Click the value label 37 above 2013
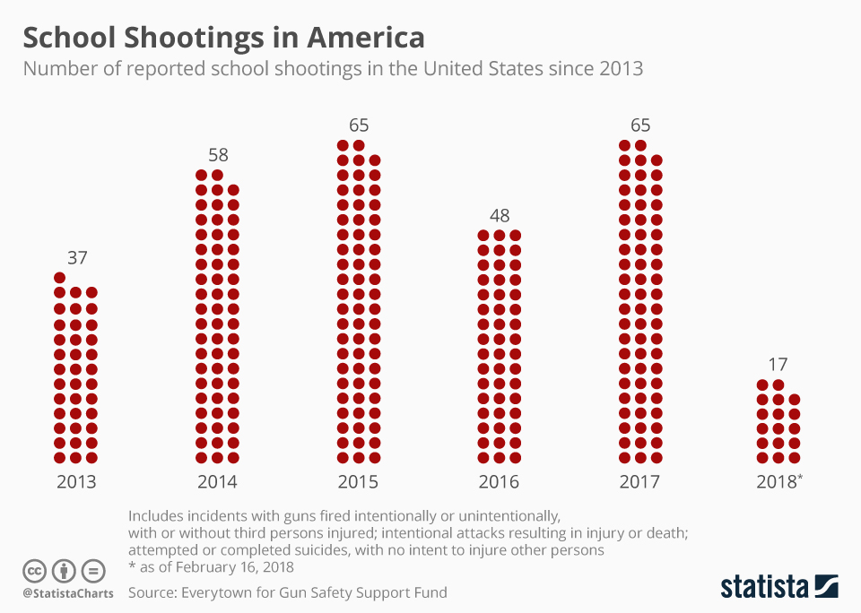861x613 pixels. [x=77, y=258]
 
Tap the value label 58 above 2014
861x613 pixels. [x=218, y=154]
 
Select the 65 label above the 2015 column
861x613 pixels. [x=359, y=125]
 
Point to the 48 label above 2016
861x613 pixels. [x=500, y=215]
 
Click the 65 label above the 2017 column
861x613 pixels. [x=640, y=125]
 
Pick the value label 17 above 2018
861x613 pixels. [x=778, y=365]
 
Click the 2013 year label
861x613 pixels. [x=76, y=482]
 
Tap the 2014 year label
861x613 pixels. [x=217, y=482]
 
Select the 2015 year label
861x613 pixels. [x=358, y=482]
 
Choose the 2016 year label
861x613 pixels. [x=499, y=482]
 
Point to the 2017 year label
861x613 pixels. [x=639, y=482]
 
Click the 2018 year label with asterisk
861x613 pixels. [x=779, y=482]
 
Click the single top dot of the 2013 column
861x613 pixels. [x=60, y=278]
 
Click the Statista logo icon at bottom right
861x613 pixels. [x=826, y=586]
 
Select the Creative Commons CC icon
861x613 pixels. [x=34, y=570]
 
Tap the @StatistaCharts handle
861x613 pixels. [x=67, y=593]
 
